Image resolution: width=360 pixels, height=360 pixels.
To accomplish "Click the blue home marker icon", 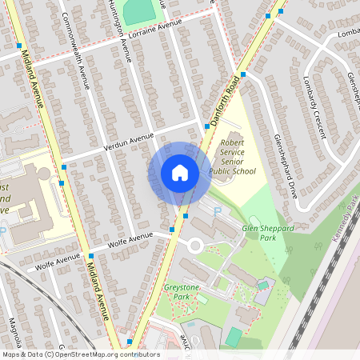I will [x=180, y=173].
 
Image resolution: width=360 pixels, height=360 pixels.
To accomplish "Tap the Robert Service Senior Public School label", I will [x=233, y=158].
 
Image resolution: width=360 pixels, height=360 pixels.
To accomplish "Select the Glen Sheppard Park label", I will [x=270, y=233].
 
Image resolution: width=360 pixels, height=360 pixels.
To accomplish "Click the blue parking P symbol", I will [x=217, y=211].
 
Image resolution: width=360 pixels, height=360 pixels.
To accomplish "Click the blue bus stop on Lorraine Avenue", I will [x=19, y=46].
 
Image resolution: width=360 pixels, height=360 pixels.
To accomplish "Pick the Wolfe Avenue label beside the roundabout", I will [x=129, y=238].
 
